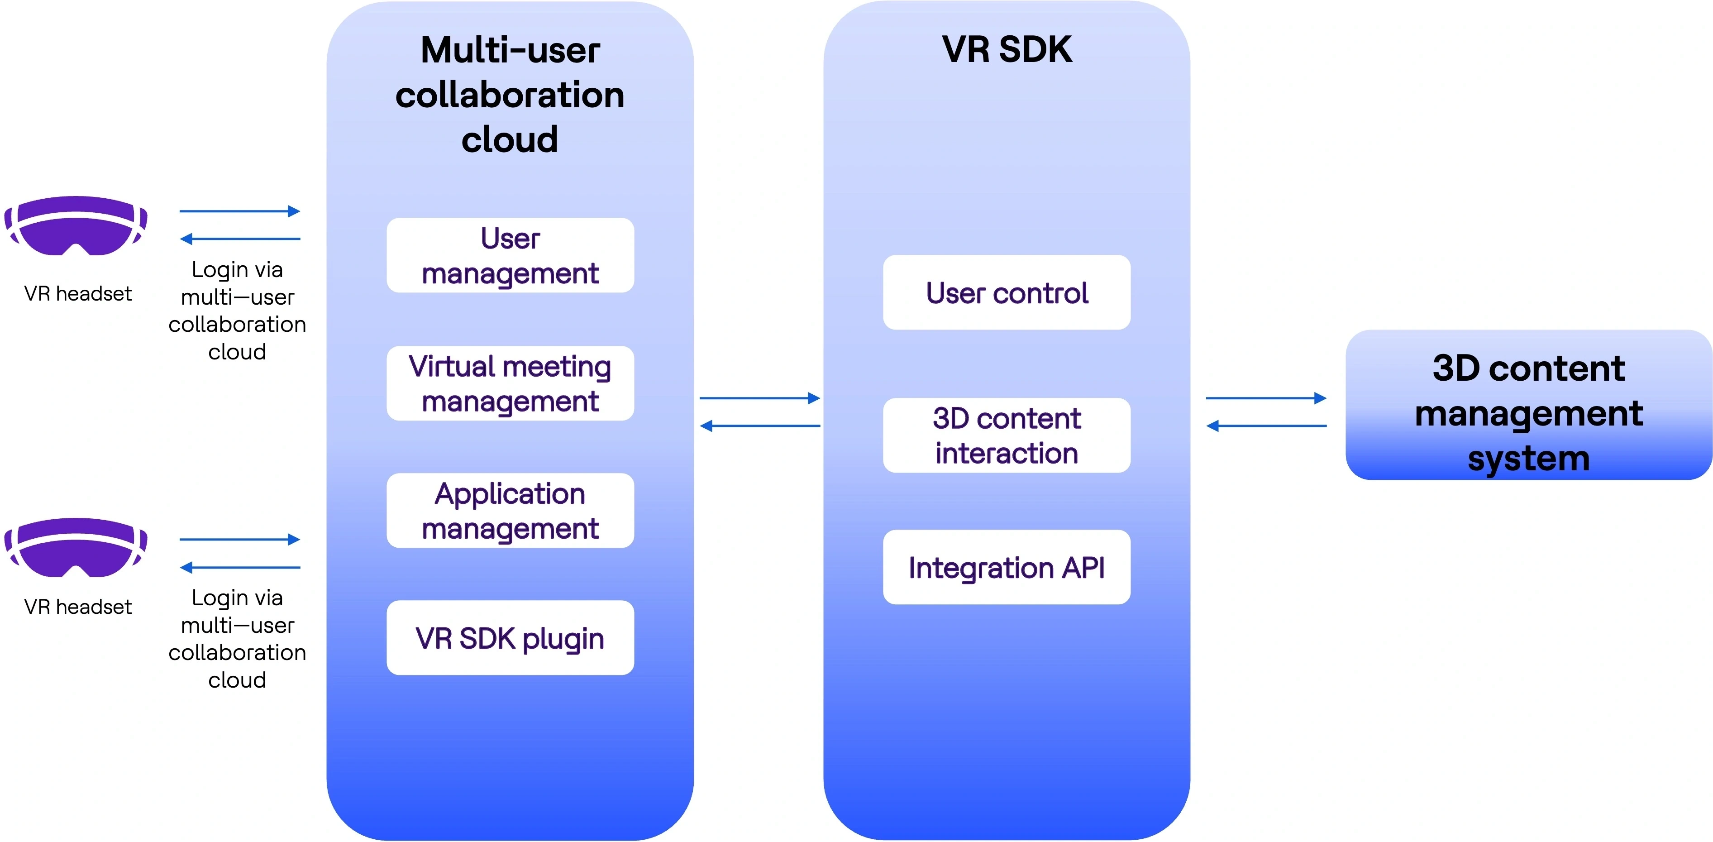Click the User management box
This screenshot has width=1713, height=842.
click(x=510, y=255)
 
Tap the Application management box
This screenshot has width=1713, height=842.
click(x=510, y=511)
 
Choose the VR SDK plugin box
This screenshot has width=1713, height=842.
click(x=510, y=638)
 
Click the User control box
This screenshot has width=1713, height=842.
click(x=1006, y=292)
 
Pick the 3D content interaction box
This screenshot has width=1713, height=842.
click(x=1006, y=435)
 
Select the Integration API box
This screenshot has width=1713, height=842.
click(x=1006, y=567)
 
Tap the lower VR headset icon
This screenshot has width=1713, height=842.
click(x=76, y=547)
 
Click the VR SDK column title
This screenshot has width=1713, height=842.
click(x=1006, y=49)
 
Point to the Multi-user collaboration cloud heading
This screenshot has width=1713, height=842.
click(x=510, y=95)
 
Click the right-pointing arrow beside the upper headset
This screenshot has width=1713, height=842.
click(x=239, y=211)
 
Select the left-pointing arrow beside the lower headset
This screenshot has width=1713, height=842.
click(x=239, y=567)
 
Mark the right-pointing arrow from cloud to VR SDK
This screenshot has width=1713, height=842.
click(x=759, y=398)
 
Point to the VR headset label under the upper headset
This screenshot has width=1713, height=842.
click(x=78, y=293)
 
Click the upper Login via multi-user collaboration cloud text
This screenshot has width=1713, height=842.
click(x=238, y=311)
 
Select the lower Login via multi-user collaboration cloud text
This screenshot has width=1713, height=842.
click(x=238, y=638)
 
